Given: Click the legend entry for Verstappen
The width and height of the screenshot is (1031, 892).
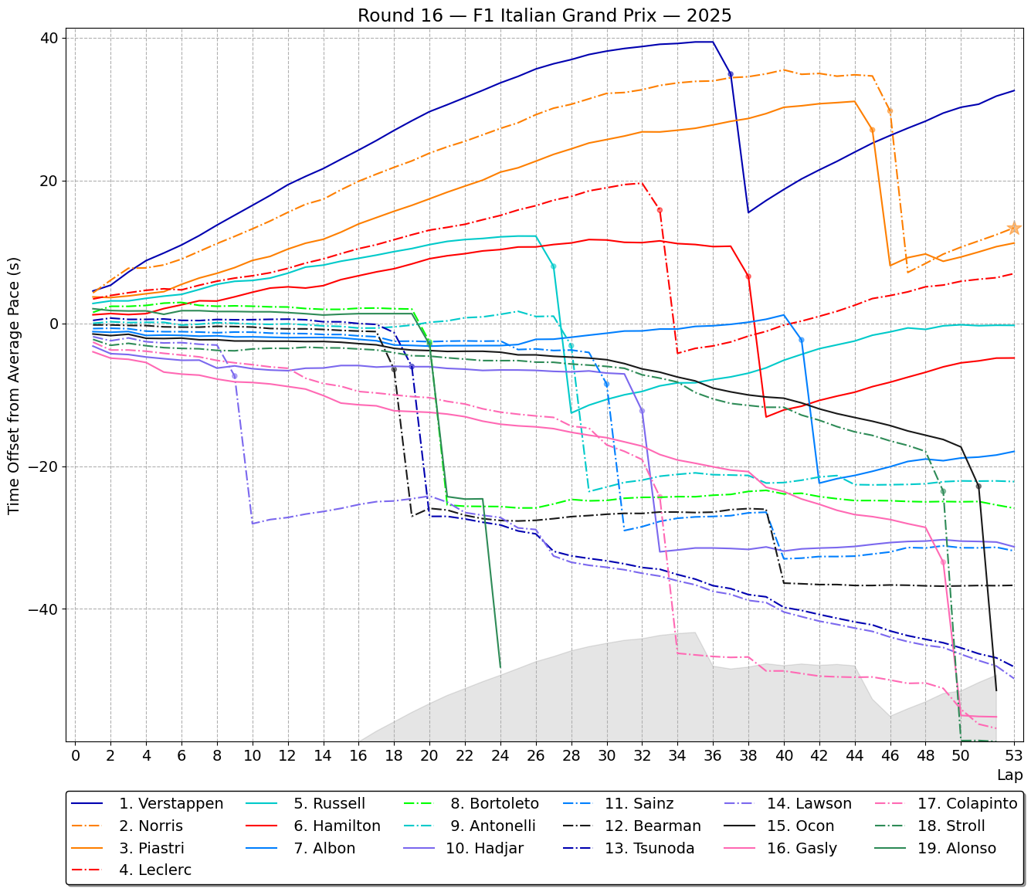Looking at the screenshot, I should point(171,804).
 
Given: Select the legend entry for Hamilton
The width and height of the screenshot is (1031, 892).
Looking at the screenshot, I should point(337,826).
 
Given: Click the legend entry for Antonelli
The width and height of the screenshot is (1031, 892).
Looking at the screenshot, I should point(492,826).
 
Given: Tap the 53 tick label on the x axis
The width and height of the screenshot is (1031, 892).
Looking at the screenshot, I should point(1014,755).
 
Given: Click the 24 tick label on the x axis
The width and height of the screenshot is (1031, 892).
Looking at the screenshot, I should point(500,755).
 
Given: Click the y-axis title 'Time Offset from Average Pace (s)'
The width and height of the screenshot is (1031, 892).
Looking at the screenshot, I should point(15,386).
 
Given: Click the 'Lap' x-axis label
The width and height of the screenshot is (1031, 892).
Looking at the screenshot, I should point(1009,775).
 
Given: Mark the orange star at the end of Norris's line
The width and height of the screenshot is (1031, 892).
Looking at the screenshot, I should point(1014,229).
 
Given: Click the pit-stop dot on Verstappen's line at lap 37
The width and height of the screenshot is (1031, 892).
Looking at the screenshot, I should point(731,74).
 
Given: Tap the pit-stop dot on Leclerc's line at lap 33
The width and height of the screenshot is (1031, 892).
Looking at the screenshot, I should point(660,210).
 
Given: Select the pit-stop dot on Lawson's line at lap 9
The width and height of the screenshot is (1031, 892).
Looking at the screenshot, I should point(235,376).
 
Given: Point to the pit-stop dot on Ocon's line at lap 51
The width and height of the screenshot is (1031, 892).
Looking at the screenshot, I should point(978,486).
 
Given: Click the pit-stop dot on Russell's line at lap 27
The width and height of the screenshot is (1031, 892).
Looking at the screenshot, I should point(553,266).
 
